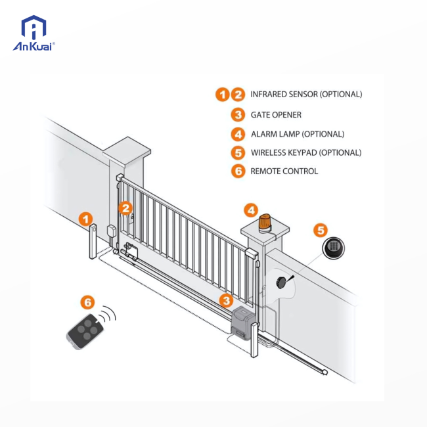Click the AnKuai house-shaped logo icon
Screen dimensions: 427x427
pos(34,28)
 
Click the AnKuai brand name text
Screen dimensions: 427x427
pos(34,46)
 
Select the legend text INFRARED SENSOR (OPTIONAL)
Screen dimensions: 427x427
pos(306,95)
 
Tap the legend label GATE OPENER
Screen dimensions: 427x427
pos(276,115)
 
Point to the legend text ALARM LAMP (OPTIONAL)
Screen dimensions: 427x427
pos(297,134)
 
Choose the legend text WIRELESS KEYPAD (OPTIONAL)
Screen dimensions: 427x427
pos(305,153)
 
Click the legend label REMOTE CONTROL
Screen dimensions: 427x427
pos(284,171)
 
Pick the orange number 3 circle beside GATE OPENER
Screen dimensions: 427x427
pos(238,115)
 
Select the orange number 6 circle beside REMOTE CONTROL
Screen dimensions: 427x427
pos(238,171)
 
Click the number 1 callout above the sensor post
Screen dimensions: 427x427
pos(86,219)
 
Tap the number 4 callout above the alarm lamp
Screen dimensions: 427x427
pos(251,210)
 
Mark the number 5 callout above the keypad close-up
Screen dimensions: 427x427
pos(320,230)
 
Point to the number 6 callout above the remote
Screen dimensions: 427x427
pos(87,303)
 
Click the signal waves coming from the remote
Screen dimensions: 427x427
pos(108,314)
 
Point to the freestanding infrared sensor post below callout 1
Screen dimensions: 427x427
pos(93,242)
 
